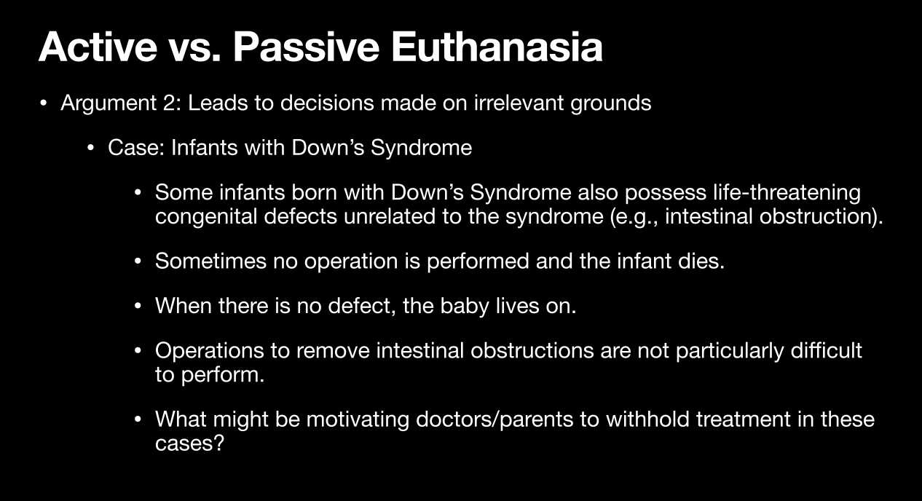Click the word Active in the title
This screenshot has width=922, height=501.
[x=98, y=47]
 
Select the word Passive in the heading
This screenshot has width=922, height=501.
[x=306, y=47]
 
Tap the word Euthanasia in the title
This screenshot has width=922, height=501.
[x=497, y=47]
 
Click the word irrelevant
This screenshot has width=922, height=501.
[x=519, y=103]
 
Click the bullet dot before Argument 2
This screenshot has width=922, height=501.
[x=43, y=103]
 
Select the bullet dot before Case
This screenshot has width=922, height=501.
[x=90, y=148]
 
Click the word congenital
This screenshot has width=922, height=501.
[x=206, y=217]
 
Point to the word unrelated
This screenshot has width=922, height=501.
[x=390, y=216]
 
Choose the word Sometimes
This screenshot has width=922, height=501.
[x=210, y=261]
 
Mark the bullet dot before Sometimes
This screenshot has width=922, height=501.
[x=138, y=261]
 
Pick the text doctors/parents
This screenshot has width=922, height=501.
[x=495, y=420]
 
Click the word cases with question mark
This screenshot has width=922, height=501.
[x=189, y=443]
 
